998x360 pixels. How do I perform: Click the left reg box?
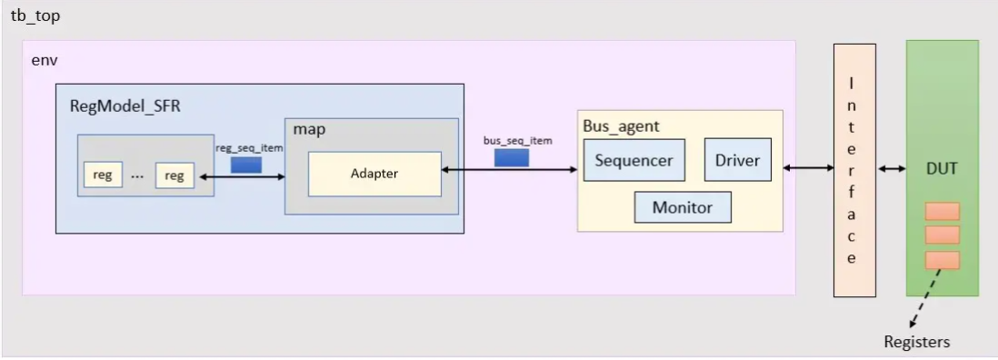[x=103, y=175]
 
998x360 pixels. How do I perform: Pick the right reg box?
[x=175, y=175]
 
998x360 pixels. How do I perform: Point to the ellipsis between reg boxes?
[x=137, y=176]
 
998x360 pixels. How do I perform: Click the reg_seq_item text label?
[x=249, y=148]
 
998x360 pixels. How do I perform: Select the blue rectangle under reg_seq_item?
[x=246, y=165]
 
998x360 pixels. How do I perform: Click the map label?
[x=309, y=130]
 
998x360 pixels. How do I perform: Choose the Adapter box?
[x=374, y=174]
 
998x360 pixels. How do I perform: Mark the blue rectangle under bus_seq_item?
[x=512, y=157]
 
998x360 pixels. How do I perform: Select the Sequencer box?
[x=634, y=160]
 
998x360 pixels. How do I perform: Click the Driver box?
[x=737, y=160]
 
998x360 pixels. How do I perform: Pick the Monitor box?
[x=683, y=207]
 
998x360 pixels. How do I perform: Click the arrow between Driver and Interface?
[x=808, y=167]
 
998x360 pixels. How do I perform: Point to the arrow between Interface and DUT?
[x=891, y=168]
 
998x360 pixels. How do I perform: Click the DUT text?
[x=942, y=168]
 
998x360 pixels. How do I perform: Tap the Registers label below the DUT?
[x=916, y=342]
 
